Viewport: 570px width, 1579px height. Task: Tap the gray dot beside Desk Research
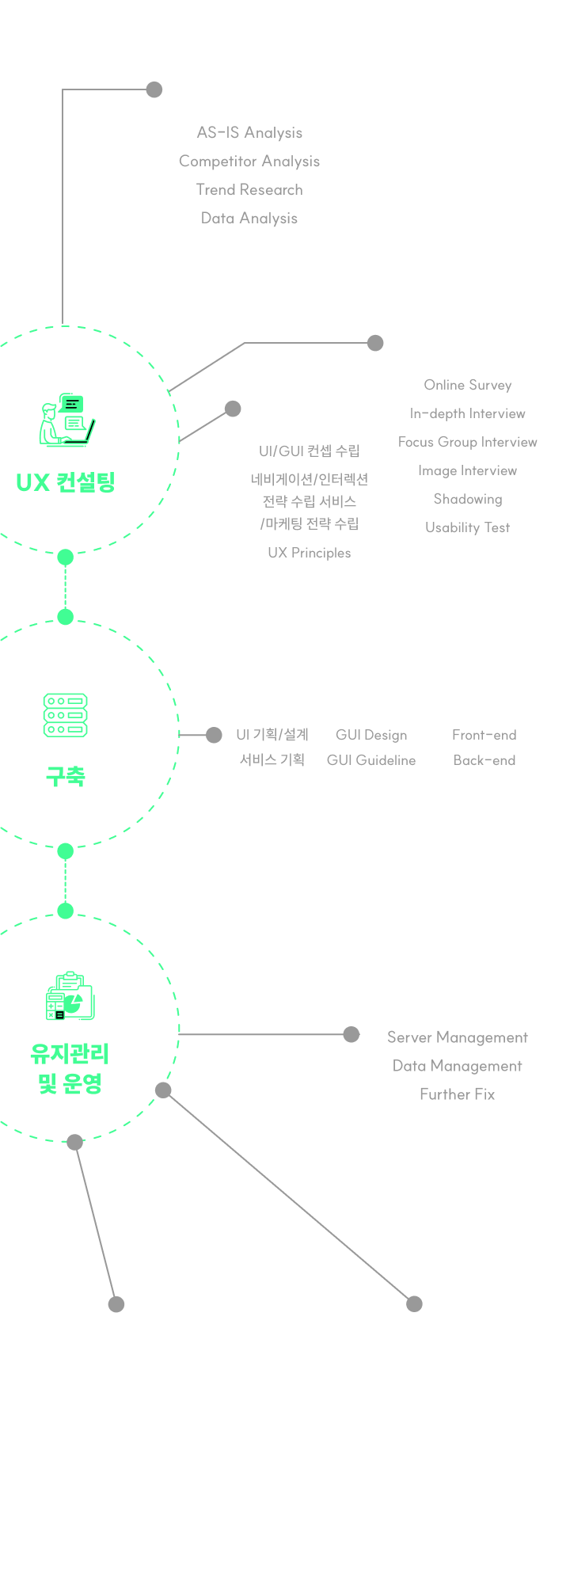[154, 89]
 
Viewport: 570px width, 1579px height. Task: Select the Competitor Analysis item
[249, 162]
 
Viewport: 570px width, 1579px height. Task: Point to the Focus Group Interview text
[467, 442]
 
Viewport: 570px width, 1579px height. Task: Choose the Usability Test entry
[467, 527]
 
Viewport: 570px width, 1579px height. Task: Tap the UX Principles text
[309, 553]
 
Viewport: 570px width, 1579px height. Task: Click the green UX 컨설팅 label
[66, 481]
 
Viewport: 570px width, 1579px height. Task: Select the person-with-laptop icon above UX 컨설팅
[66, 420]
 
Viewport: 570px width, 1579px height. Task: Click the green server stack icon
[66, 715]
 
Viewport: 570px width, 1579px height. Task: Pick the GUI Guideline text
[371, 760]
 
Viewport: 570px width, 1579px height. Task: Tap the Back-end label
[484, 760]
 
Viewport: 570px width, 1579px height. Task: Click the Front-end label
[484, 735]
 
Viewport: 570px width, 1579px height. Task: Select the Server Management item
[457, 1037]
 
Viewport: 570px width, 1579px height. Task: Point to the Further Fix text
[457, 1094]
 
